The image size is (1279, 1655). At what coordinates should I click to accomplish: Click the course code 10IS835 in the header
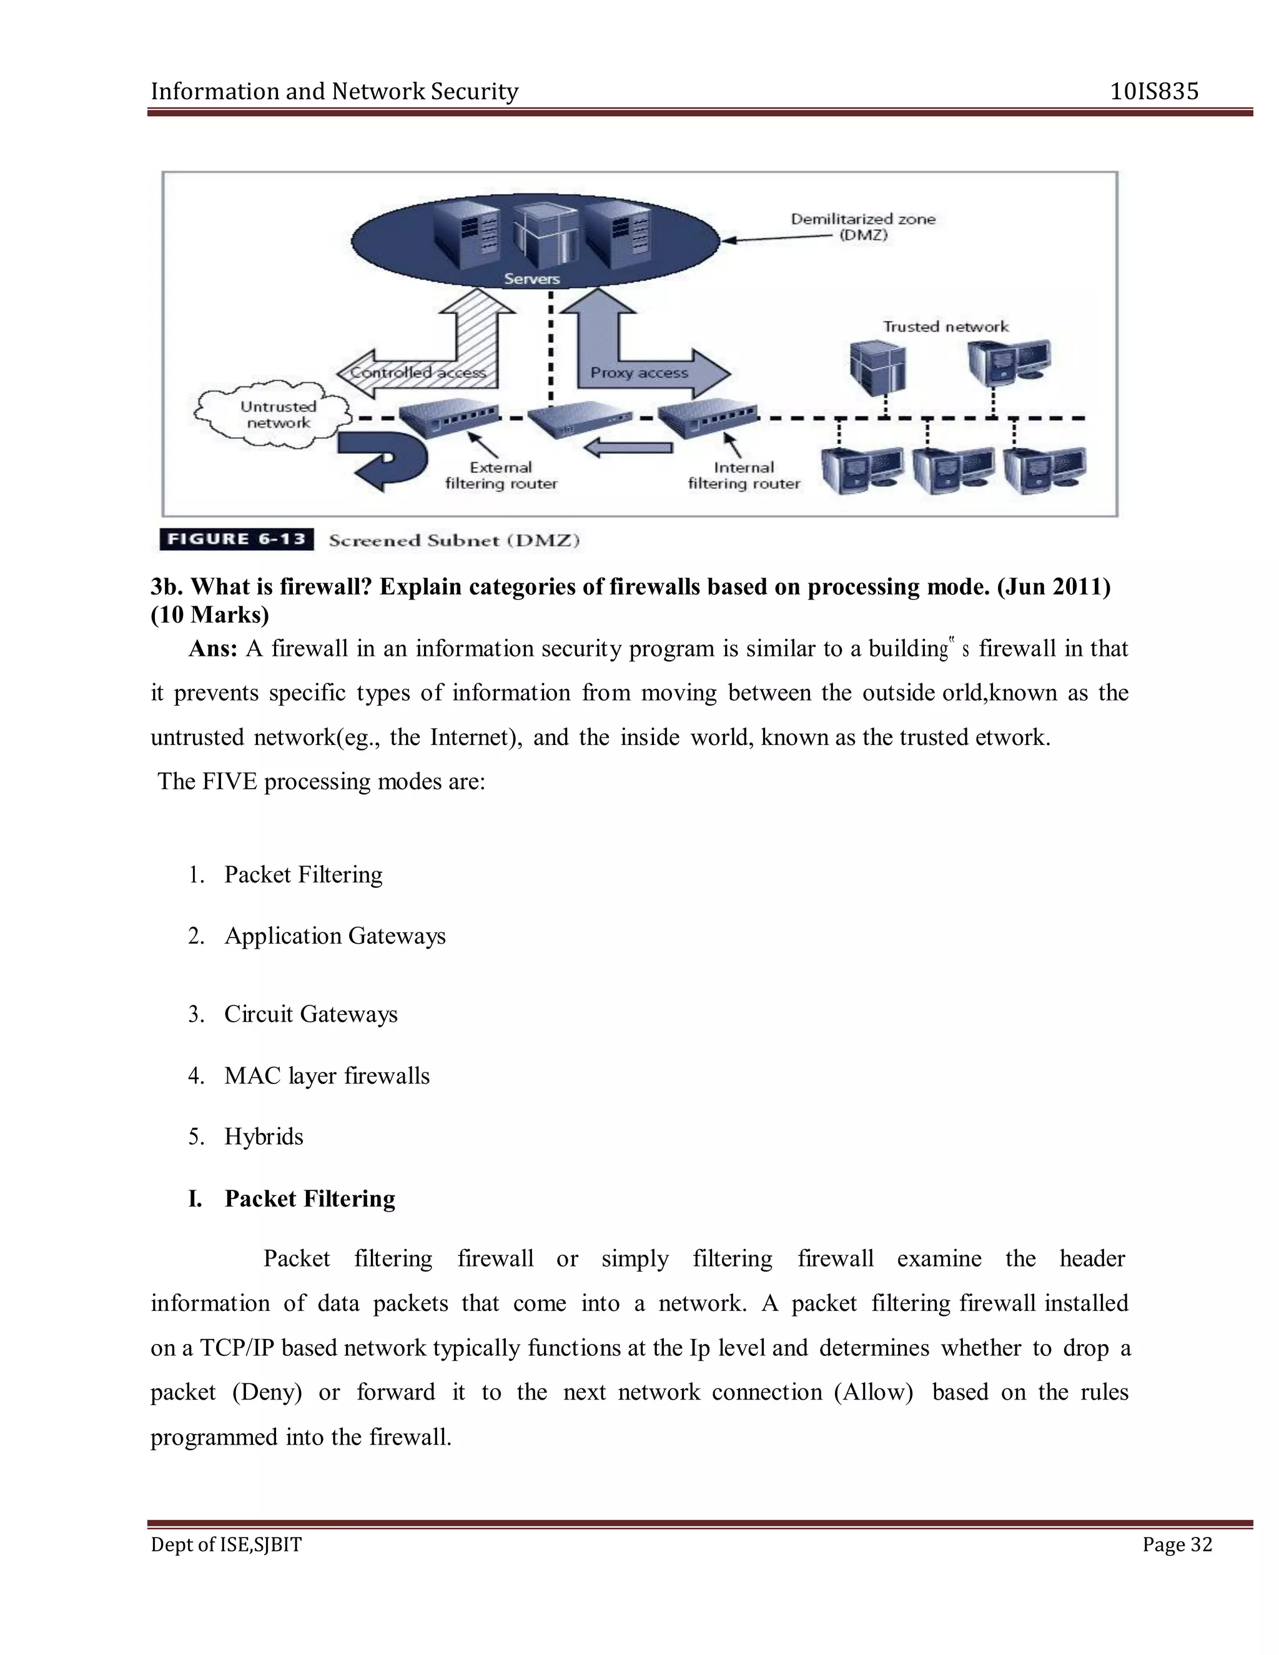tap(1153, 92)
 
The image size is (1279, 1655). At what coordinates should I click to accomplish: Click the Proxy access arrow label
tap(639, 373)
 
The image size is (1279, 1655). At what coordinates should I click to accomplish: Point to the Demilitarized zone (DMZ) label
tap(862, 227)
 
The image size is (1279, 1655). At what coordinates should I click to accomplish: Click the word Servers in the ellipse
tap(532, 279)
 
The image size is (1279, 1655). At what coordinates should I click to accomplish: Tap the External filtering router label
tap(501, 476)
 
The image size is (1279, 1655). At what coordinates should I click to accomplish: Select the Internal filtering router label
tap(743, 476)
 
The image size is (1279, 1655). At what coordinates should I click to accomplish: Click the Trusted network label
tap(945, 327)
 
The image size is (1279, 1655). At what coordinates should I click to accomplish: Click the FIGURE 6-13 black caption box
tap(237, 540)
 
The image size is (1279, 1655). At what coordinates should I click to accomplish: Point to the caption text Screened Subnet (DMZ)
tap(454, 540)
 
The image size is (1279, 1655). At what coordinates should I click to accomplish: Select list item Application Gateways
tap(334, 936)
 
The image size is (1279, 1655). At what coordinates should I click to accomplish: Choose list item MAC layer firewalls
tap(327, 1075)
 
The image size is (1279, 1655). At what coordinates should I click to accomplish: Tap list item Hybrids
tap(263, 1137)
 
